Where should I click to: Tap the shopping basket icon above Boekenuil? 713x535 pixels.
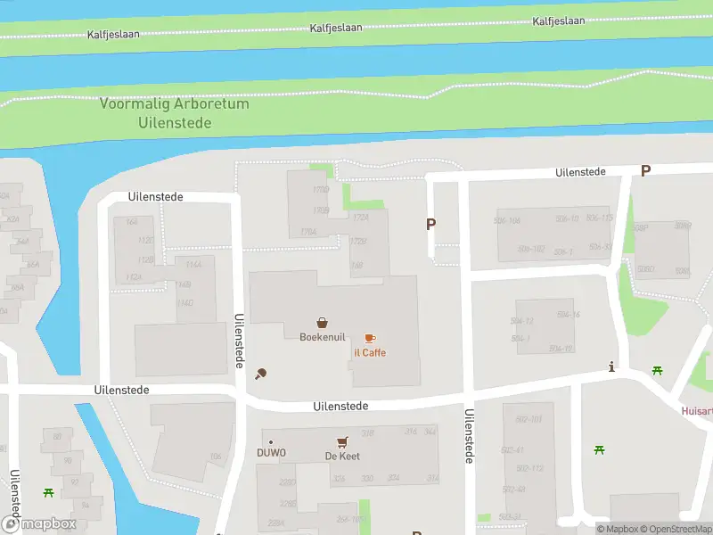[321, 322]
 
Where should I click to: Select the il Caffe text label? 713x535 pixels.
[369, 353]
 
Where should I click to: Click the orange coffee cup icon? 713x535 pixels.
[370, 338]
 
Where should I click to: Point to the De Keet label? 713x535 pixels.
[341, 457]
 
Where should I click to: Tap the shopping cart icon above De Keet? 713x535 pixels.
[341, 441]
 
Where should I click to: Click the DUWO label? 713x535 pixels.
[271, 454]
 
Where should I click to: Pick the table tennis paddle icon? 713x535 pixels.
[260, 374]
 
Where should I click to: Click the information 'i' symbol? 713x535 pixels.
[611, 366]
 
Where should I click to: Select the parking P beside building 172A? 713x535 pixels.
[431, 225]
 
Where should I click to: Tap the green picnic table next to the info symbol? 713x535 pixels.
[658, 370]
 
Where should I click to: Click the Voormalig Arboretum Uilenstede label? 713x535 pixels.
[175, 113]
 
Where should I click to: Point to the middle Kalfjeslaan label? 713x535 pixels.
[336, 28]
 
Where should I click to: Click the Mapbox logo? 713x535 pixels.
[38, 524]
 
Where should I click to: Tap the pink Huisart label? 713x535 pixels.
[697, 411]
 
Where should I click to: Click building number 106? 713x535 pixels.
[215, 457]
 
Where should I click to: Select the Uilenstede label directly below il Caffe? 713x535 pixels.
[340, 406]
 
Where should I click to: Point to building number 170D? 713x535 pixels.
[321, 190]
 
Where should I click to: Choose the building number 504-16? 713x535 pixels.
[569, 315]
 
